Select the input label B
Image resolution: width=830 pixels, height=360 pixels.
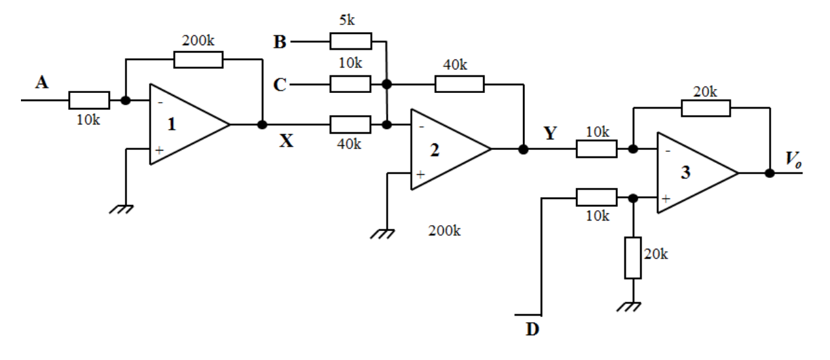(280, 43)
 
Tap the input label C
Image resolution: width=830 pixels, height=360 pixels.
(280, 86)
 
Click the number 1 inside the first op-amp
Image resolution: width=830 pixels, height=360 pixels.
(171, 125)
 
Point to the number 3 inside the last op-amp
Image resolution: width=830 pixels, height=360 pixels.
(685, 173)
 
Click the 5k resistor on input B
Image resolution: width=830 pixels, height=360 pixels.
(350, 42)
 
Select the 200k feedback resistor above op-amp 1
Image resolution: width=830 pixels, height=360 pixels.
(198, 60)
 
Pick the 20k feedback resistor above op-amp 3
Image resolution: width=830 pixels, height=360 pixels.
(706, 108)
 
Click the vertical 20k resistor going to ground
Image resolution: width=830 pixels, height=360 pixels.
(632, 258)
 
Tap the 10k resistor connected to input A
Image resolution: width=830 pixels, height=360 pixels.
(88, 100)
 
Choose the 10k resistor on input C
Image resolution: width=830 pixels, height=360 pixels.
(350, 84)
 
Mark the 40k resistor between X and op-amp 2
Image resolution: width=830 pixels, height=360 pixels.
(350, 124)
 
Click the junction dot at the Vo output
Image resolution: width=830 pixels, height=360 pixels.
(770, 173)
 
